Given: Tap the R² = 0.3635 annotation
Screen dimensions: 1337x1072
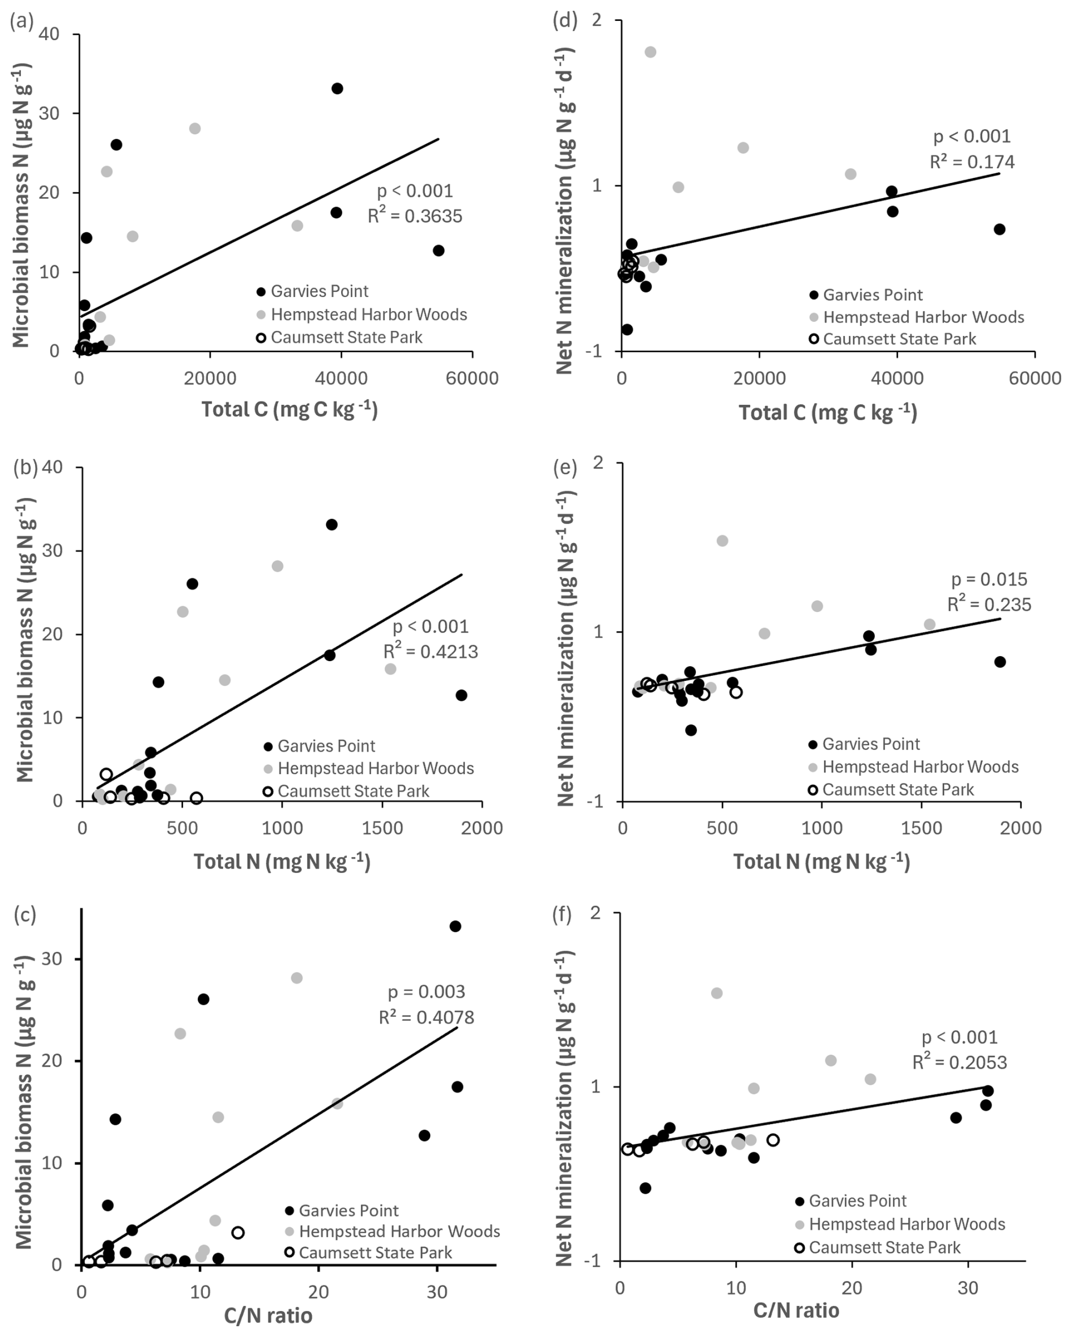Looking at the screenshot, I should point(414,215).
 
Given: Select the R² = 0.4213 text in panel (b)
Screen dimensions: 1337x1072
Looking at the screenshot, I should point(431,651).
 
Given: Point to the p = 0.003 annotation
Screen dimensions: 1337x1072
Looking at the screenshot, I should point(426,991).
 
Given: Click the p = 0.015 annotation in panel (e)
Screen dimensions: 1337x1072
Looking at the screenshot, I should point(989,579).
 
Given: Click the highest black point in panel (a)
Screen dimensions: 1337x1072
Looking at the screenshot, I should point(337,89).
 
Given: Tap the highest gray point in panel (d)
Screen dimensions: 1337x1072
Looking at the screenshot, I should point(650,52).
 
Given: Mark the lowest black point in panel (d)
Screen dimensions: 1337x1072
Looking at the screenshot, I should point(627,329).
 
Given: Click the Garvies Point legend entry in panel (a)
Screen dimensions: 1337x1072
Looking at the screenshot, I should point(319,291).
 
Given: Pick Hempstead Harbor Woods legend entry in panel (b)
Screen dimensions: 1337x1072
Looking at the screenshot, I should point(375,768).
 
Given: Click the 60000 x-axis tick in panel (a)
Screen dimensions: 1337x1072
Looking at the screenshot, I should point(472,378).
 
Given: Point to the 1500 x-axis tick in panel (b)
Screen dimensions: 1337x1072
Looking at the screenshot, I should point(382,828).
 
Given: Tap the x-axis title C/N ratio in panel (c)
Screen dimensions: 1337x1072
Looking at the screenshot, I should point(268,1315).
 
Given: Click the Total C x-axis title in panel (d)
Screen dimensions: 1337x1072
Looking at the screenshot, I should point(827,412).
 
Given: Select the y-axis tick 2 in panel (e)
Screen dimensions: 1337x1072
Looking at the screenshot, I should point(598,463).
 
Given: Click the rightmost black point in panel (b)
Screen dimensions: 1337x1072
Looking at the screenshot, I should point(461,695).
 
